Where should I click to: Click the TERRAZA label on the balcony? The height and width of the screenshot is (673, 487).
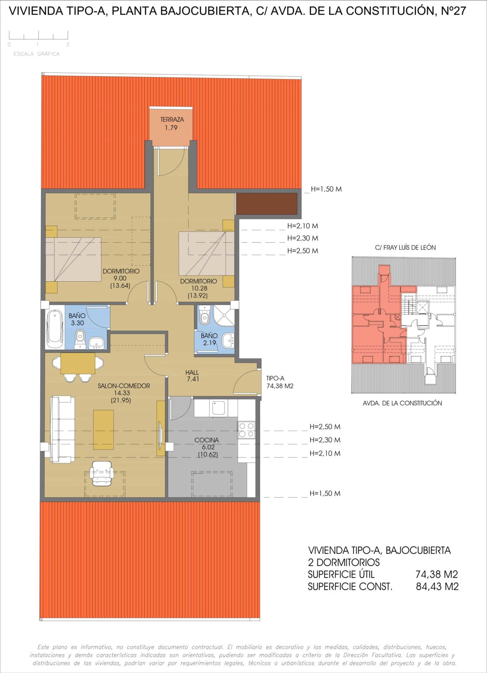pos(172,120)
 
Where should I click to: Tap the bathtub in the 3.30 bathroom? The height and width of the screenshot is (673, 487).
pos(55,327)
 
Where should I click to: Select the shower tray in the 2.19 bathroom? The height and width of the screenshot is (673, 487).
pos(224,315)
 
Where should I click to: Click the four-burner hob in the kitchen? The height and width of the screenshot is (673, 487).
pos(247,430)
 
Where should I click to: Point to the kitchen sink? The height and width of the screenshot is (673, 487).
pos(218,408)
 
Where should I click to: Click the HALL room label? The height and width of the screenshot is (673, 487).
pos(192,372)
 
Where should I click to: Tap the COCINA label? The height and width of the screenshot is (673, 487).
pos(207,440)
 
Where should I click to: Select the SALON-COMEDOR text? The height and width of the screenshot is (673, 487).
pos(124,386)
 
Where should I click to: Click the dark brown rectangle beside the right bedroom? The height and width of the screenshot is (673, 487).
pos(266,204)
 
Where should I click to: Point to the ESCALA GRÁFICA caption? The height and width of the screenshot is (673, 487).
pos(37,54)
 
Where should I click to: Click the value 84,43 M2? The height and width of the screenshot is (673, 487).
pos(437,586)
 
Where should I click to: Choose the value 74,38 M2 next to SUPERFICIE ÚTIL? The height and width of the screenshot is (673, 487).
pos(436,574)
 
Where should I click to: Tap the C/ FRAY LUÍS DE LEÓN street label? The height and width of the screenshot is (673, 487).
pos(405,248)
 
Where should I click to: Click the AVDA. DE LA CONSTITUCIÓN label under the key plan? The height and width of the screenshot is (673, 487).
pos(402,403)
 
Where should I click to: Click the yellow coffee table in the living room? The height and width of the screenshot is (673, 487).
pos(103,430)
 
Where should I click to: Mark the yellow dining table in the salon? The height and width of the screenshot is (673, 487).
pos(78,363)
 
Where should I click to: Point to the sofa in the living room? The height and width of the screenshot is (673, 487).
pos(62,430)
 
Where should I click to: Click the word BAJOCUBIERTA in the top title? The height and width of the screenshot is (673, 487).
pos(206,11)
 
